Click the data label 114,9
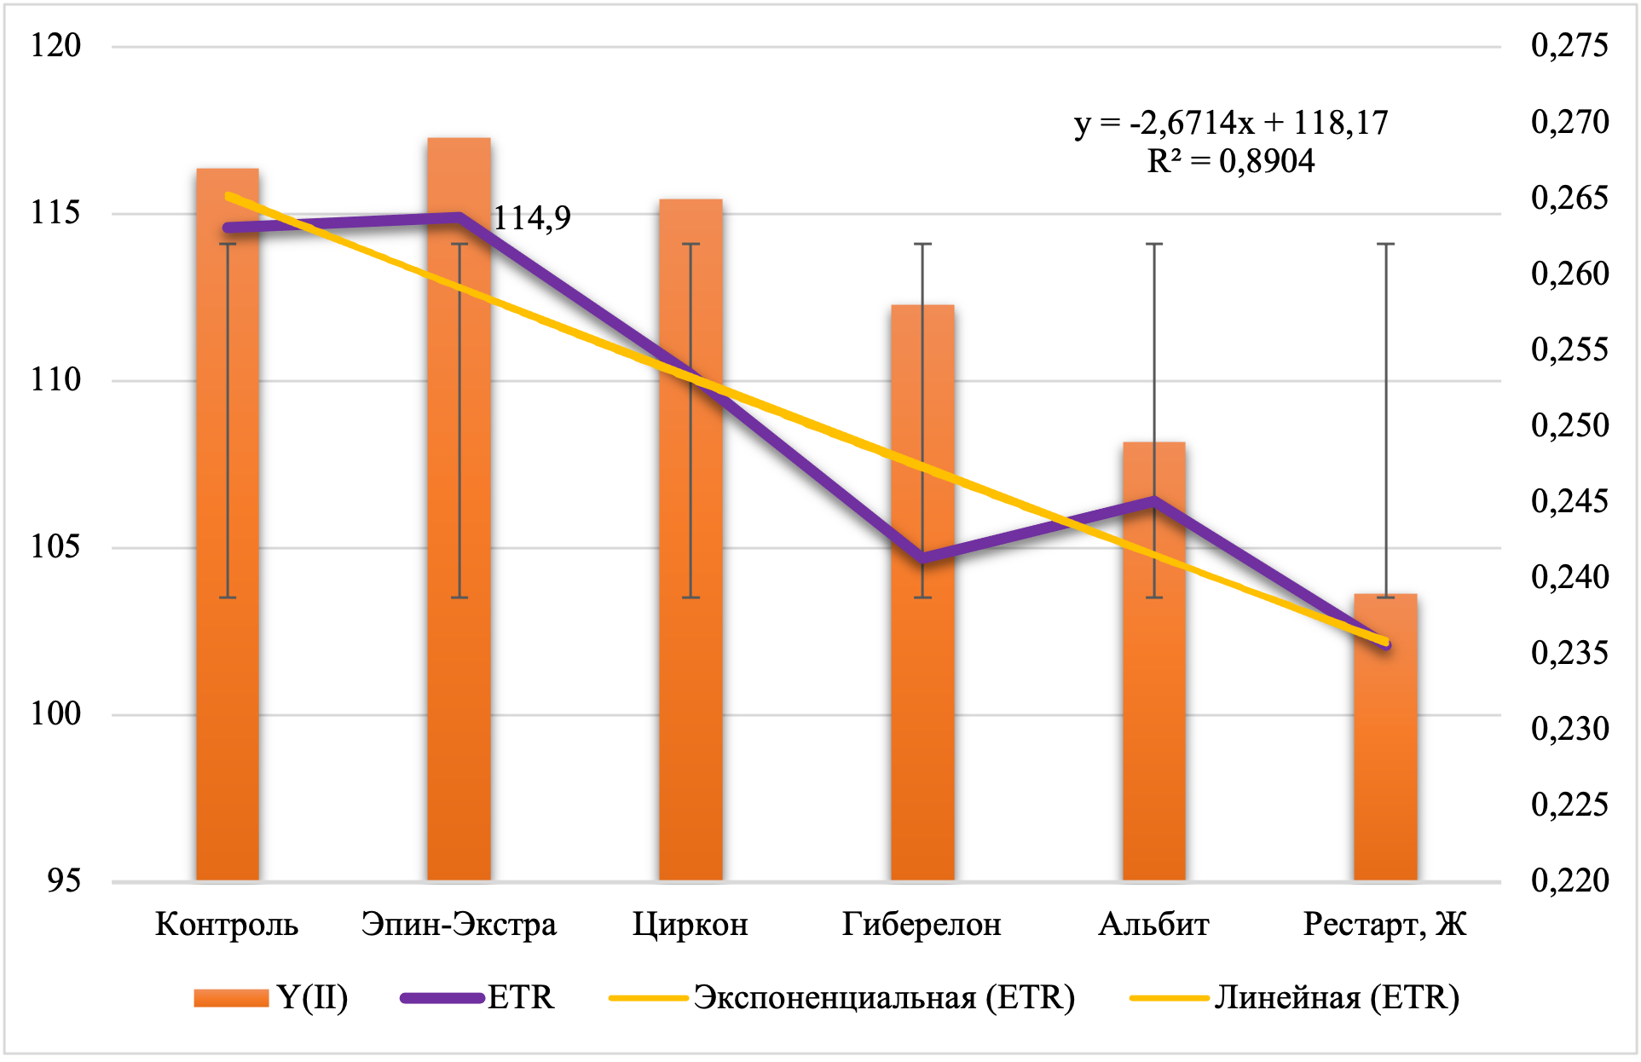532,219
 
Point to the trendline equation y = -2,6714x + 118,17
1231,124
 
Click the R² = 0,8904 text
1231,161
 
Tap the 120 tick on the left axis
55,45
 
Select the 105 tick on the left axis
55,546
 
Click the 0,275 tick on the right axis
1569,45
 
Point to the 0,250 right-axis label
1569,425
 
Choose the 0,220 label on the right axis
1569,880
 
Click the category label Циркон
690,925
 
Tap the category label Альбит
1153,925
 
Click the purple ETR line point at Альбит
1154,500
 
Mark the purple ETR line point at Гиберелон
922,558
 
